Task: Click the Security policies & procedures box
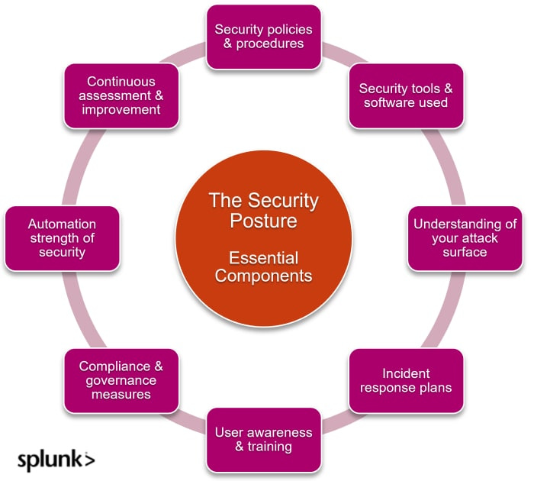point(264,36)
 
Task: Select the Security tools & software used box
point(405,95)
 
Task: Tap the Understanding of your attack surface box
point(465,238)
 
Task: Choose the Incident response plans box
point(406,380)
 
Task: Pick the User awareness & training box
point(264,440)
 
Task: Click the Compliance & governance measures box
point(121,380)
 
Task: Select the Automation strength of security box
point(62,238)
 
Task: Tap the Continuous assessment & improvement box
point(121,95)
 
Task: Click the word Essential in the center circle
point(263,257)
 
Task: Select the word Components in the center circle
point(263,276)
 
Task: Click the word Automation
point(62,224)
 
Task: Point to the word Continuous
point(121,82)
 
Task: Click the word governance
point(121,380)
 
